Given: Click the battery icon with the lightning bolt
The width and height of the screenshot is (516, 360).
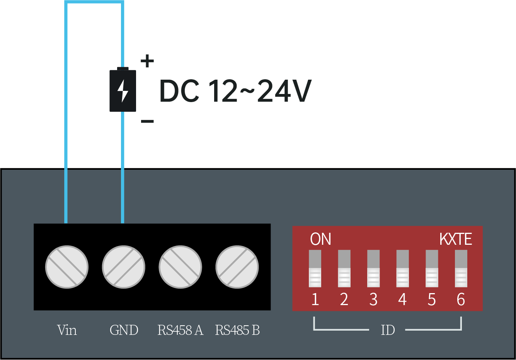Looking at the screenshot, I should point(123,90).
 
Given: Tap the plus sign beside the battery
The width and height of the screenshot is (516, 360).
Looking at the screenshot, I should point(147,61).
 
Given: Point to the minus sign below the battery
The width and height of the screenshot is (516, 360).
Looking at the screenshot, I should point(147,121).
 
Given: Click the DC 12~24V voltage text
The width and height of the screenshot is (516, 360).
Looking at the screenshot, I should point(235,91).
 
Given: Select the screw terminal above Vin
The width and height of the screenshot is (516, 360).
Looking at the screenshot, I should point(67,267).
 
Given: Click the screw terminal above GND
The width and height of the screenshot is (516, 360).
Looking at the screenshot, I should point(124,267).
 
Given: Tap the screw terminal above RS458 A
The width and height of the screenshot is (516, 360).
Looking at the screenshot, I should point(180,267).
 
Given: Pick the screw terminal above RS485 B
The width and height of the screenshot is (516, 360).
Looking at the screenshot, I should point(237,267).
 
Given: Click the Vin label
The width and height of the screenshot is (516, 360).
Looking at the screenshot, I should point(67,330).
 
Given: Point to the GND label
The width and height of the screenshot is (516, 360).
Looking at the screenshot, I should point(124,330).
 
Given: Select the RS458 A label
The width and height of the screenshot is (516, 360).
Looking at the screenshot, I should point(180,330).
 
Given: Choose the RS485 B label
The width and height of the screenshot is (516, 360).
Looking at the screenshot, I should point(237,330).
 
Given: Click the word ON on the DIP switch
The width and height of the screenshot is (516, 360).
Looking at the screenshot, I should point(320,239).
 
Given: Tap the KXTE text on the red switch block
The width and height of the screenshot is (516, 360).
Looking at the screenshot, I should point(456,239).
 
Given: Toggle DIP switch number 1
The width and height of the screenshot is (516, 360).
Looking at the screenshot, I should point(315,269).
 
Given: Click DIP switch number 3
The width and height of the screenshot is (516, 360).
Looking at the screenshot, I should point(373,269).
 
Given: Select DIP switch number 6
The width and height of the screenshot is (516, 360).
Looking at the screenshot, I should point(461,269).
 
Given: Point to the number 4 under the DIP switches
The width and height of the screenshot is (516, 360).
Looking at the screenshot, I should point(402,300).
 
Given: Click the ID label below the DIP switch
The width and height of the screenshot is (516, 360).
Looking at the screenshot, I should point(388,330).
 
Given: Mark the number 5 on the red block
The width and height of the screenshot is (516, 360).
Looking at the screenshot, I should point(432,300).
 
